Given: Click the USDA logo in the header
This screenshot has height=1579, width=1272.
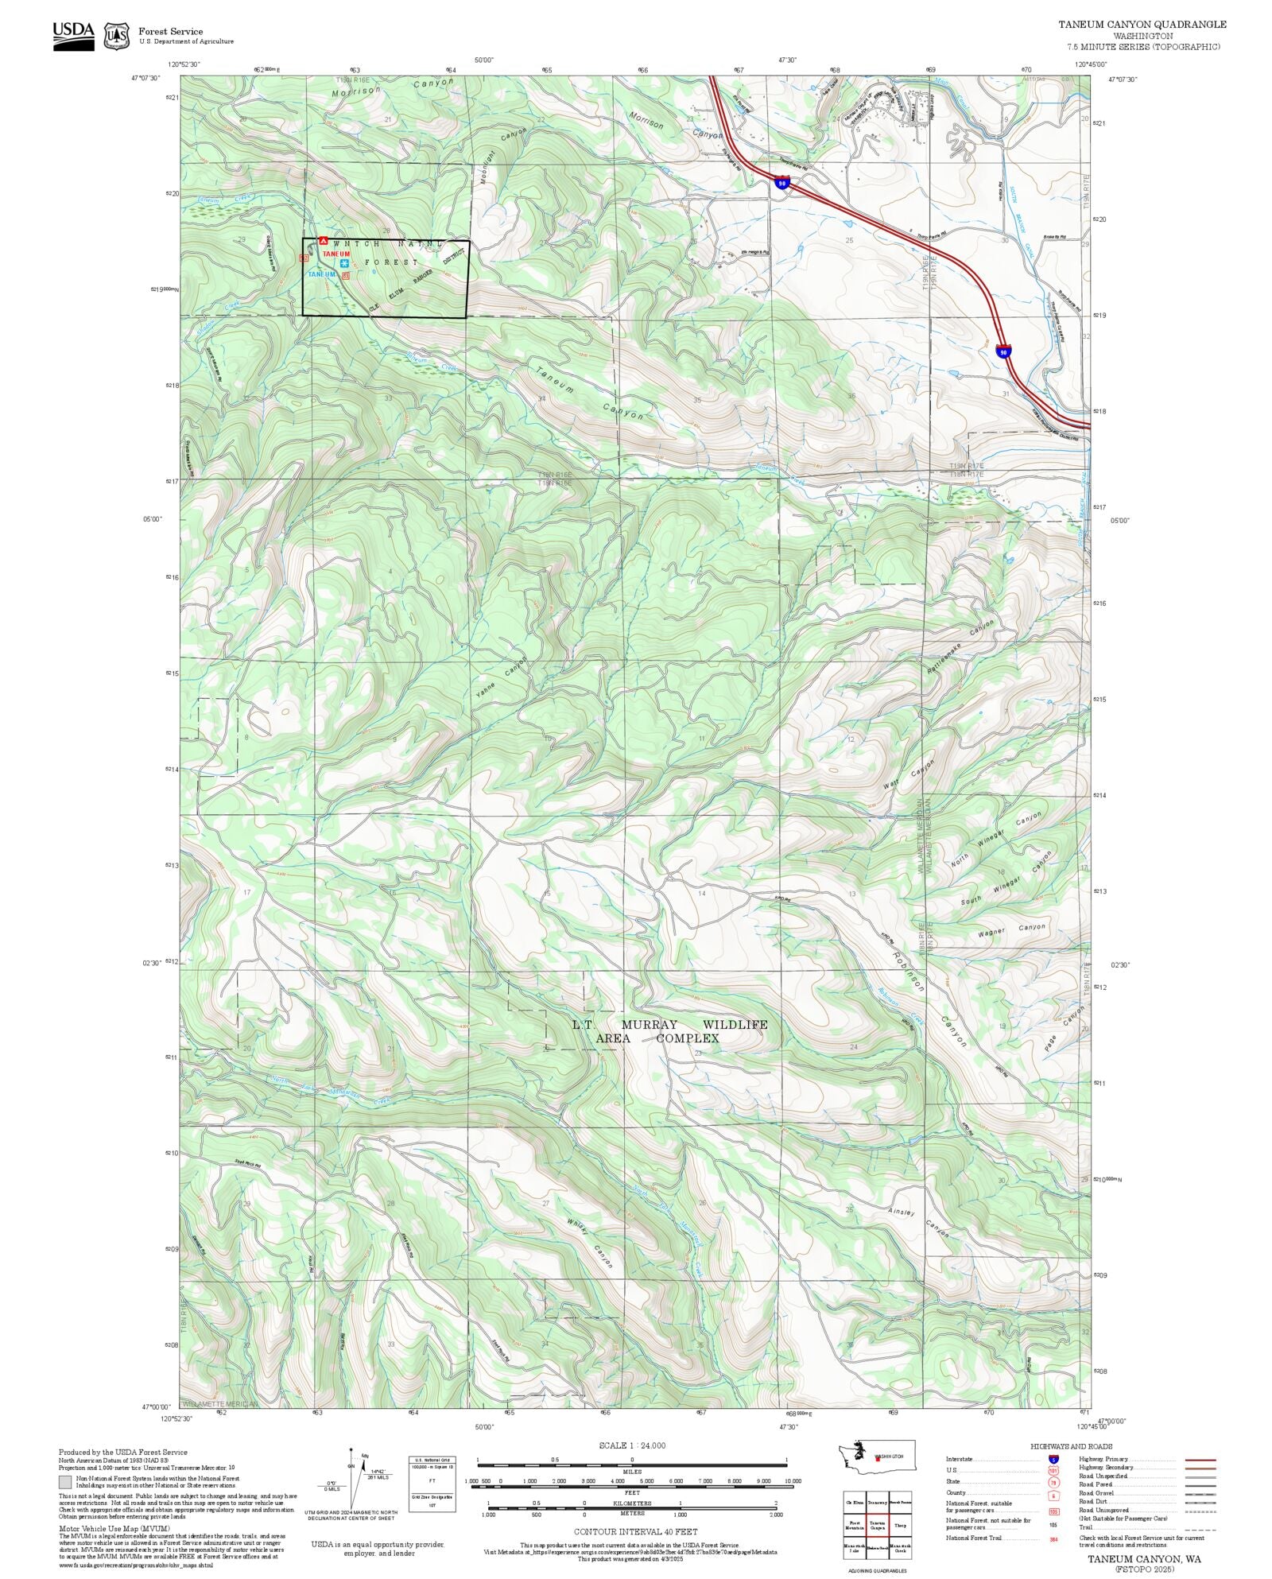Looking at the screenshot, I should coord(73,36).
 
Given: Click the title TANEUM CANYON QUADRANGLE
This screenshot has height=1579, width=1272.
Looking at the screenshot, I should coord(1142,25).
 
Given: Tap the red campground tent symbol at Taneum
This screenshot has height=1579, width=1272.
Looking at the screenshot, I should coord(323,240).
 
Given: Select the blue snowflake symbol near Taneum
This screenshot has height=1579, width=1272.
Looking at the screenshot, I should coord(344,263).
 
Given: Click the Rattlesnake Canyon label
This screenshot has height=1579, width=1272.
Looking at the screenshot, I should coord(960,648).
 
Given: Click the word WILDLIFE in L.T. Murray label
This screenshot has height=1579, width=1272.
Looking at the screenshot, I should coord(735,1025).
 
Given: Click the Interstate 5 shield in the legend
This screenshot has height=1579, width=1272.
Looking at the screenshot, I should coord(1054,1460).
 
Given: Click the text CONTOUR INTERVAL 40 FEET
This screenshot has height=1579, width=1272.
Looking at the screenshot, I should coord(635,1531).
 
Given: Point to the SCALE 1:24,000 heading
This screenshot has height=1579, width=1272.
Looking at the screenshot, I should coord(632,1446).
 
